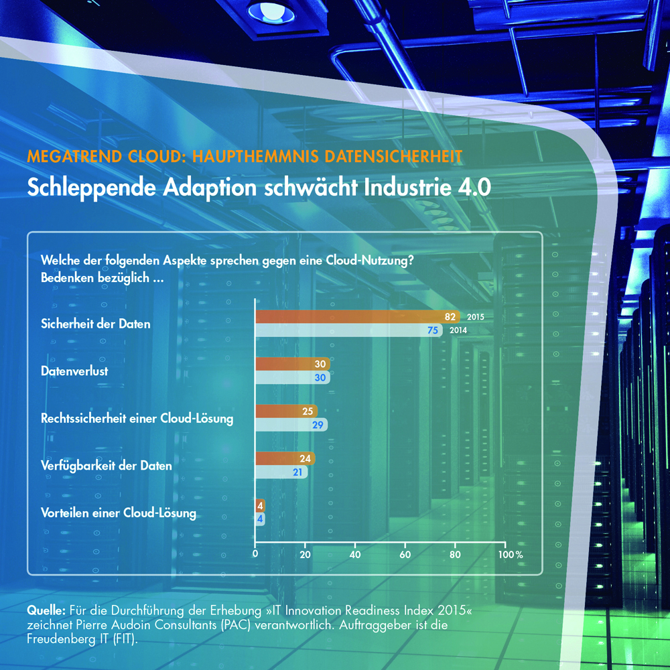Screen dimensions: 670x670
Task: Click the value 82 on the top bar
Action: (x=451, y=317)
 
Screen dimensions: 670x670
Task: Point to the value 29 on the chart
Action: (x=319, y=425)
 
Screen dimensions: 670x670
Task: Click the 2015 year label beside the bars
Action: (x=476, y=317)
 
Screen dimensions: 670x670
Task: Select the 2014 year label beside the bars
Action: (x=458, y=330)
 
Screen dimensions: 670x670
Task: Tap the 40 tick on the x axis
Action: (x=355, y=555)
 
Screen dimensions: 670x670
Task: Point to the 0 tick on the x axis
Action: (x=255, y=555)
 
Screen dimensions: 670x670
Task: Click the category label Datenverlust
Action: (x=74, y=371)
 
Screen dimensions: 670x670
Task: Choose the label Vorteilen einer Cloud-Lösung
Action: (x=119, y=514)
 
